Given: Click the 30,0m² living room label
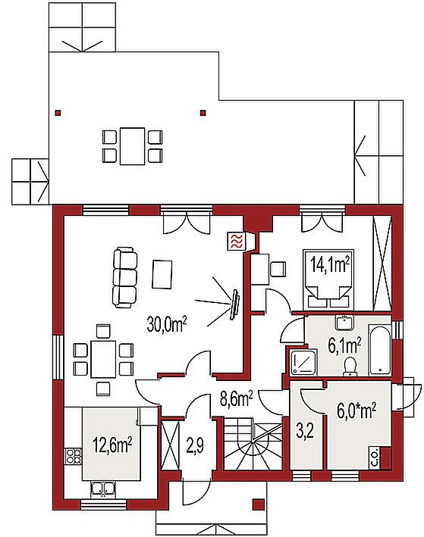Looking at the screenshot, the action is coord(167,324).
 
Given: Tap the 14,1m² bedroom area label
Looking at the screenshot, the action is coord(330,264).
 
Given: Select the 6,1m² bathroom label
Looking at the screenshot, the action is coord(345,346).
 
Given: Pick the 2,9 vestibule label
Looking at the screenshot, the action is coord(196,446).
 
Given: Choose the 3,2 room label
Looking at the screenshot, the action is coord(305,432).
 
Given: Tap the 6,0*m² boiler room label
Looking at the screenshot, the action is coord(356,411).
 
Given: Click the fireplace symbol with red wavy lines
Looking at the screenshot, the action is coord(237,241).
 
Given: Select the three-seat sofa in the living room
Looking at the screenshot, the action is coord(125,277).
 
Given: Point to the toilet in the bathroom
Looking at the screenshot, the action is coord(350,365).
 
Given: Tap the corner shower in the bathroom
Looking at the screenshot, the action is coord(304,362).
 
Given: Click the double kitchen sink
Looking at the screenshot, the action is coord(102,489).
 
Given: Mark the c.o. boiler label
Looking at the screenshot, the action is coord(375,458).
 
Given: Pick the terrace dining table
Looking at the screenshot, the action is coord(132,146).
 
